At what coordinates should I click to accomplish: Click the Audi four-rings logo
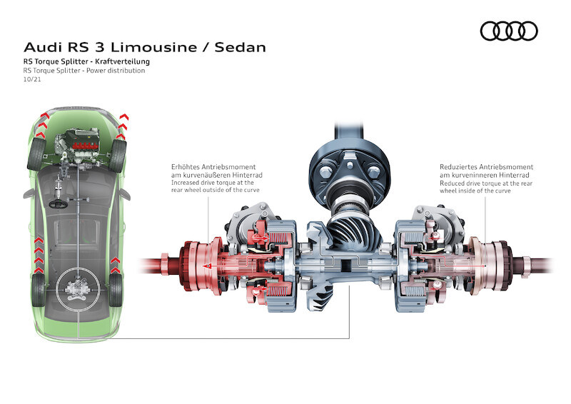[x=509, y=31]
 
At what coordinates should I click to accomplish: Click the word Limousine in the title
[x=154, y=47]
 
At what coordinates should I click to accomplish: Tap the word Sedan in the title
[x=241, y=47]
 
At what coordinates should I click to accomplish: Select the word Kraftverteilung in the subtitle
[x=122, y=61]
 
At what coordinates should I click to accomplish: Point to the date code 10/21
[x=32, y=79]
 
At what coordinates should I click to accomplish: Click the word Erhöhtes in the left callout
[x=186, y=167]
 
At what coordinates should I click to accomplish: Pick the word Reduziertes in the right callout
[x=458, y=167]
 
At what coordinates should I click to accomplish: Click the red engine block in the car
[x=86, y=146]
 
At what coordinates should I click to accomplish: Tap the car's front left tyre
[x=36, y=154]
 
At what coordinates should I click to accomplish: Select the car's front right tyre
[x=117, y=156]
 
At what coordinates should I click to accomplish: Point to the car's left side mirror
[x=29, y=193]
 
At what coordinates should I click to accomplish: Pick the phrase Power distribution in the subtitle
[x=116, y=71]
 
